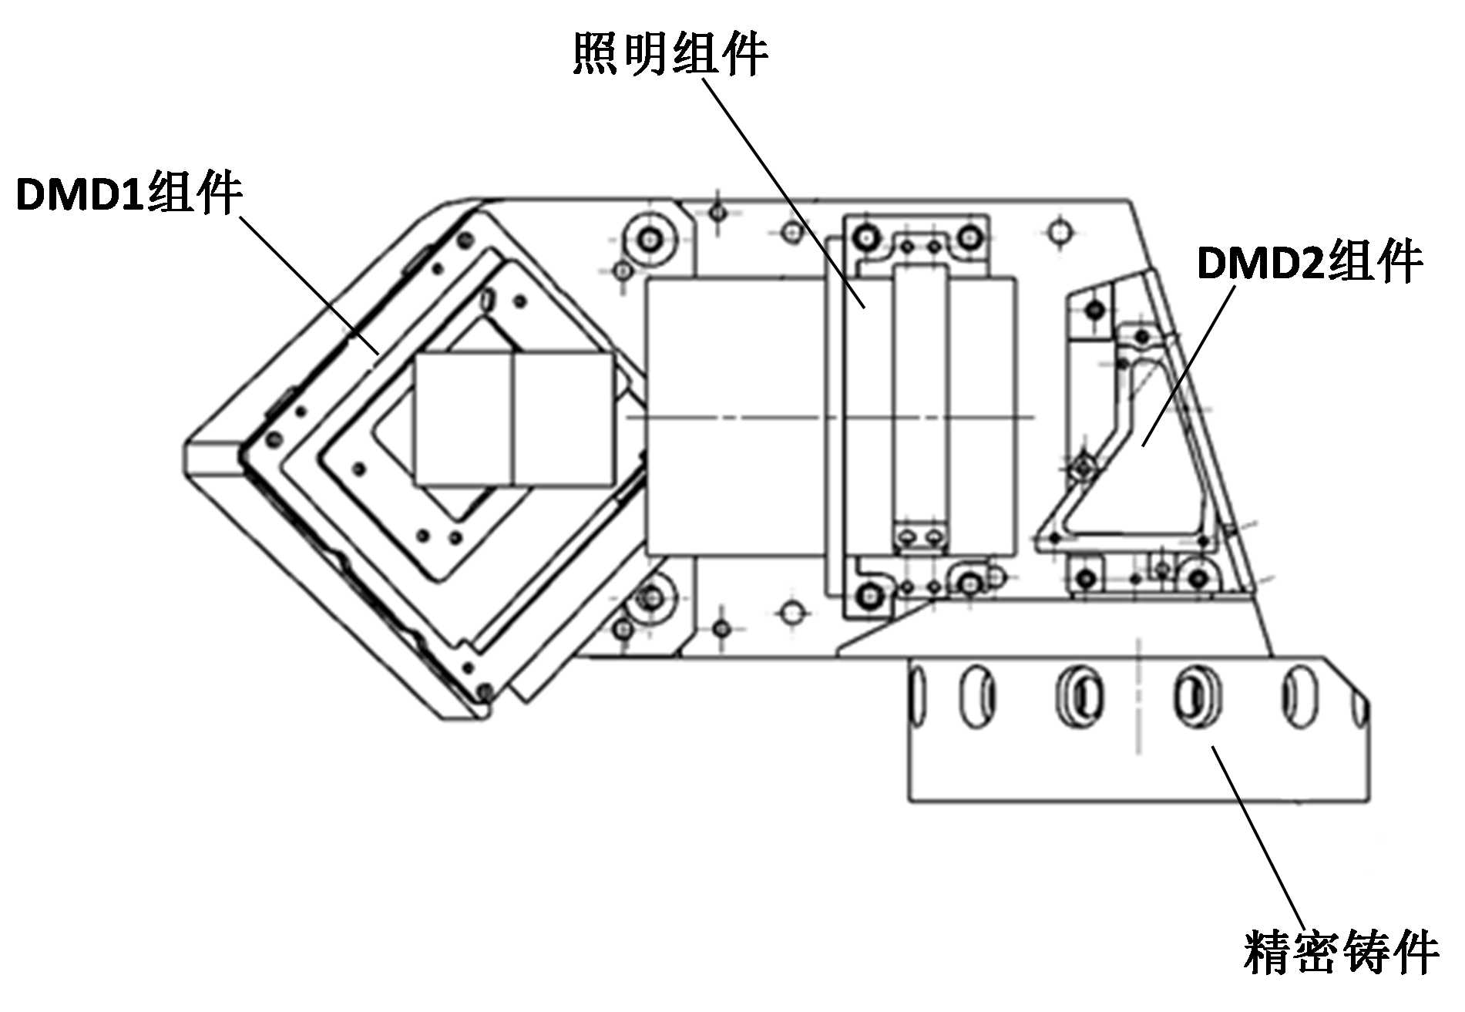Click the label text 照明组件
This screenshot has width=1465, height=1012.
pyautogui.click(x=670, y=54)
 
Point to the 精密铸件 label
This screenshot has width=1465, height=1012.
pyautogui.click(x=1342, y=953)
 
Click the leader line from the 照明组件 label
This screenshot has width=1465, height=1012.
pyautogui.click(x=784, y=193)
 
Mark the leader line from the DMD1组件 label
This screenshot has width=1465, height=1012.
pyautogui.click(x=309, y=285)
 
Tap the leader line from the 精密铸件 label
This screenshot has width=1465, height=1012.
pyautogui.click(x=1258, y=838)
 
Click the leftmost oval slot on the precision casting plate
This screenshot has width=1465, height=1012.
pyautogui.click(x=917, y=696)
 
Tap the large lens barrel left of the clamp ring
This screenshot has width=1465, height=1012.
pyautogui.click(x=735, y=417)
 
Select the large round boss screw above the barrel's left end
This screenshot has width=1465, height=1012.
pyautogui.click(x=652, y=237)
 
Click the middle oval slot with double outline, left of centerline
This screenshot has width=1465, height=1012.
pyautogui.click(x=1080, y=696)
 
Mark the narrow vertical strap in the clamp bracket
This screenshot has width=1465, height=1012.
pyautogui.click(x=920, y=406)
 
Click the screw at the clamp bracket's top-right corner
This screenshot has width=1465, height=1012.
pyautogui.click(x=968, y=234)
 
